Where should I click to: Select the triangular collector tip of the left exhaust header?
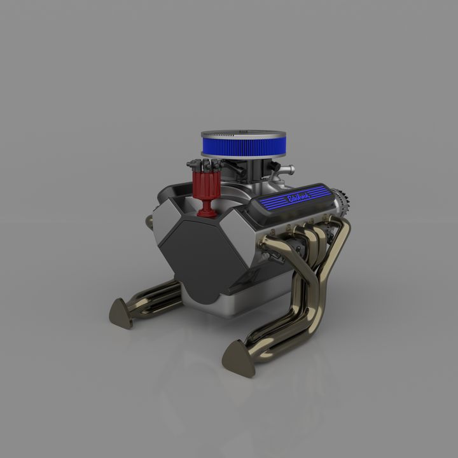pos(120,312)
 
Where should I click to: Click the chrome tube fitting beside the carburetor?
pos(286,170)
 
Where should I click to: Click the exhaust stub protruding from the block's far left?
pos(149,222)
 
